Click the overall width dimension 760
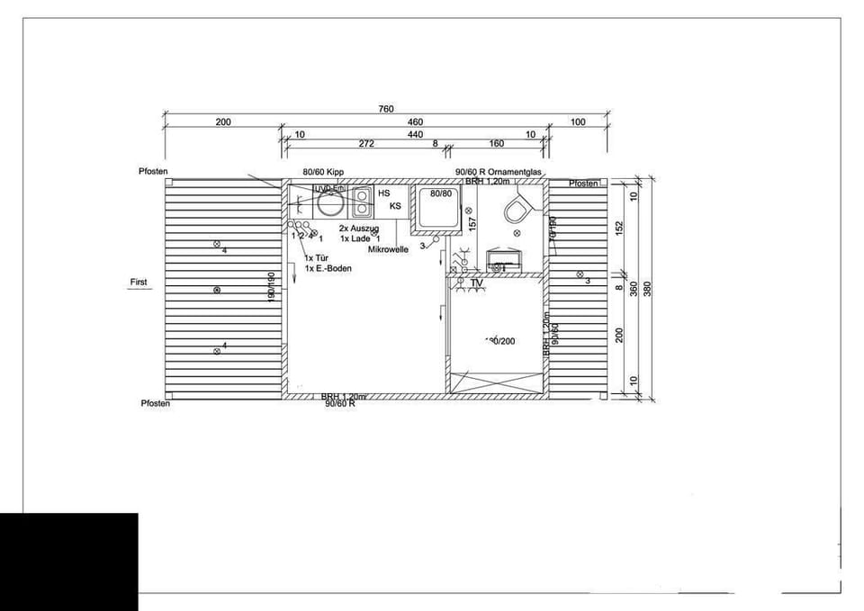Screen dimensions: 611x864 point(385,109)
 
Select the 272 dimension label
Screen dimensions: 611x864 point(366,143)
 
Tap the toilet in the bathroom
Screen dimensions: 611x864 point(516,210)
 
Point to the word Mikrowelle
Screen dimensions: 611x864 point(389,249)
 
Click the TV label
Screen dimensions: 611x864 point(477,283)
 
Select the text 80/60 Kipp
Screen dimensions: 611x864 point(324,171)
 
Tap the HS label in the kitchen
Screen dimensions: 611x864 point(384,193)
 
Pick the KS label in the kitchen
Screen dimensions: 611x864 point(394,206)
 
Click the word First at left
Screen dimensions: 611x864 point(139,282)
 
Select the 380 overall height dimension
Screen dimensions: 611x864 point(647,288)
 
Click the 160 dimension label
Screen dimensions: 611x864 point(497,143)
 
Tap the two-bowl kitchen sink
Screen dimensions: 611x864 point(362,202)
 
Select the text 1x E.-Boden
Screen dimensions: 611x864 point(328,268)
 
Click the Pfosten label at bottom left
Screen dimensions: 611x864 point(155,403)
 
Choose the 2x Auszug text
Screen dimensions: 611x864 point(359,229)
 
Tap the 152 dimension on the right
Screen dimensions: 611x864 point(619,229)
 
